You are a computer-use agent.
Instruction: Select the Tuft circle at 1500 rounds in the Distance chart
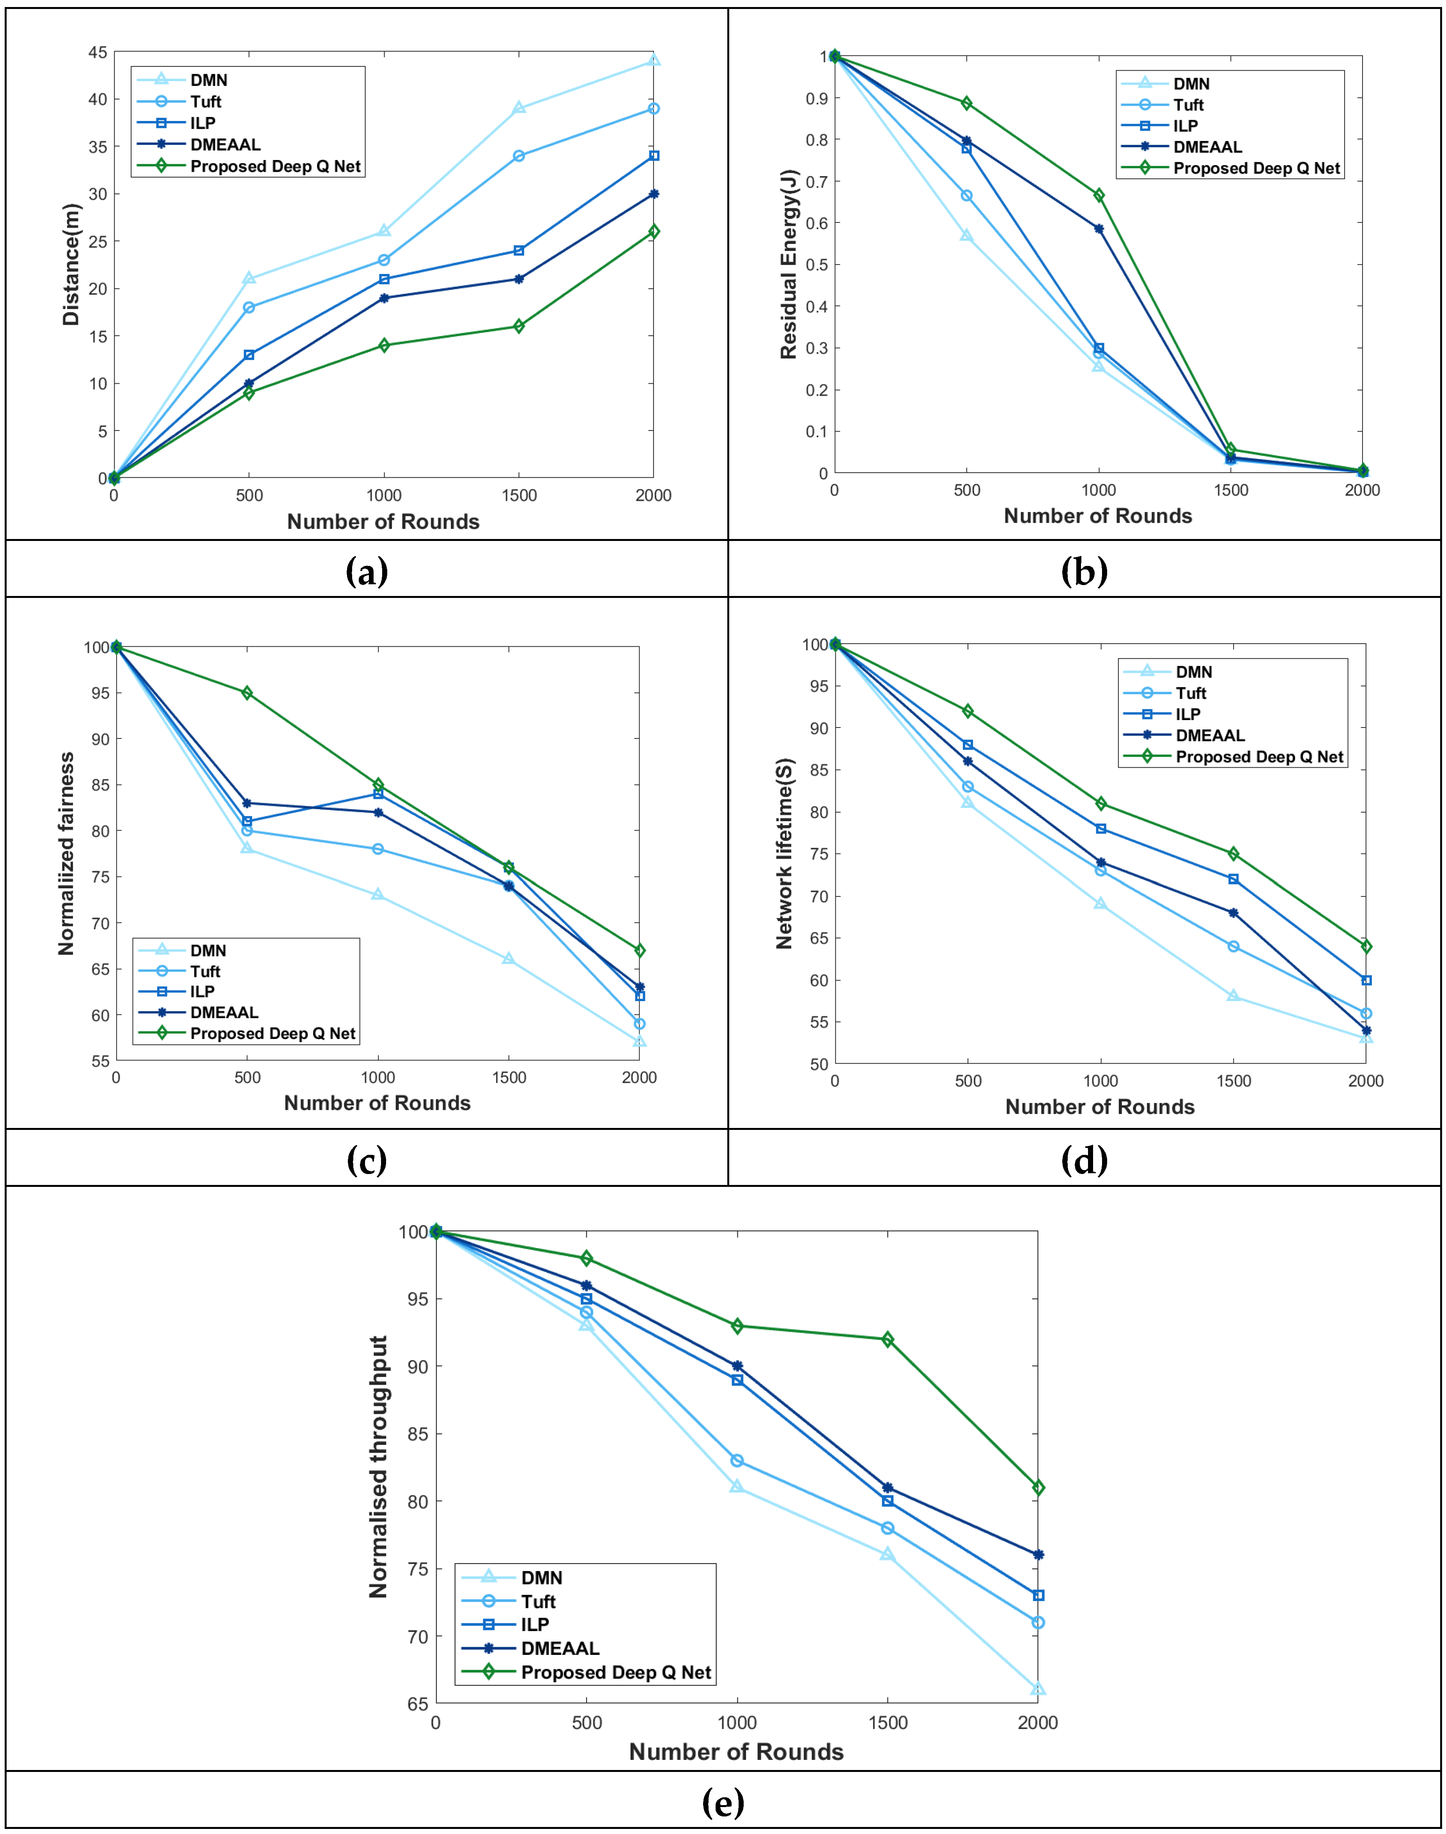(519, 156)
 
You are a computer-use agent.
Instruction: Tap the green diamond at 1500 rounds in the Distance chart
(519, 326)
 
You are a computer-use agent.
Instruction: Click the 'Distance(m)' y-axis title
(71, 264)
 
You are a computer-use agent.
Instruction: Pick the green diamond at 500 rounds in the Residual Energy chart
(967, 103)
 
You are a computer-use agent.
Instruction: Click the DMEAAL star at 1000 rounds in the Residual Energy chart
(1099, 229)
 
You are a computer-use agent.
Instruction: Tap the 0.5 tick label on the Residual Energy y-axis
(816, 264)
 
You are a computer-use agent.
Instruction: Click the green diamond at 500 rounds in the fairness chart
(247, 693)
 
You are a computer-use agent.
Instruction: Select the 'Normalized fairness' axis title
(66, 854)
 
